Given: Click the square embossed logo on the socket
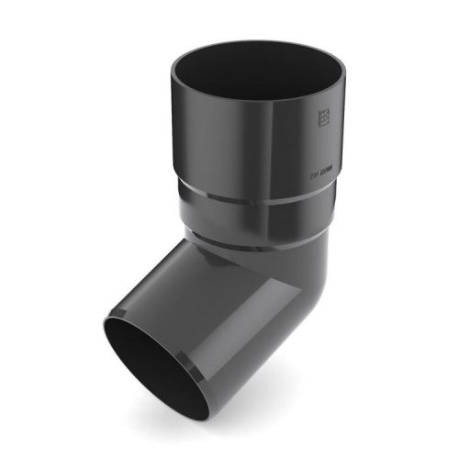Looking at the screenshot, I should pos(324,119).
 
